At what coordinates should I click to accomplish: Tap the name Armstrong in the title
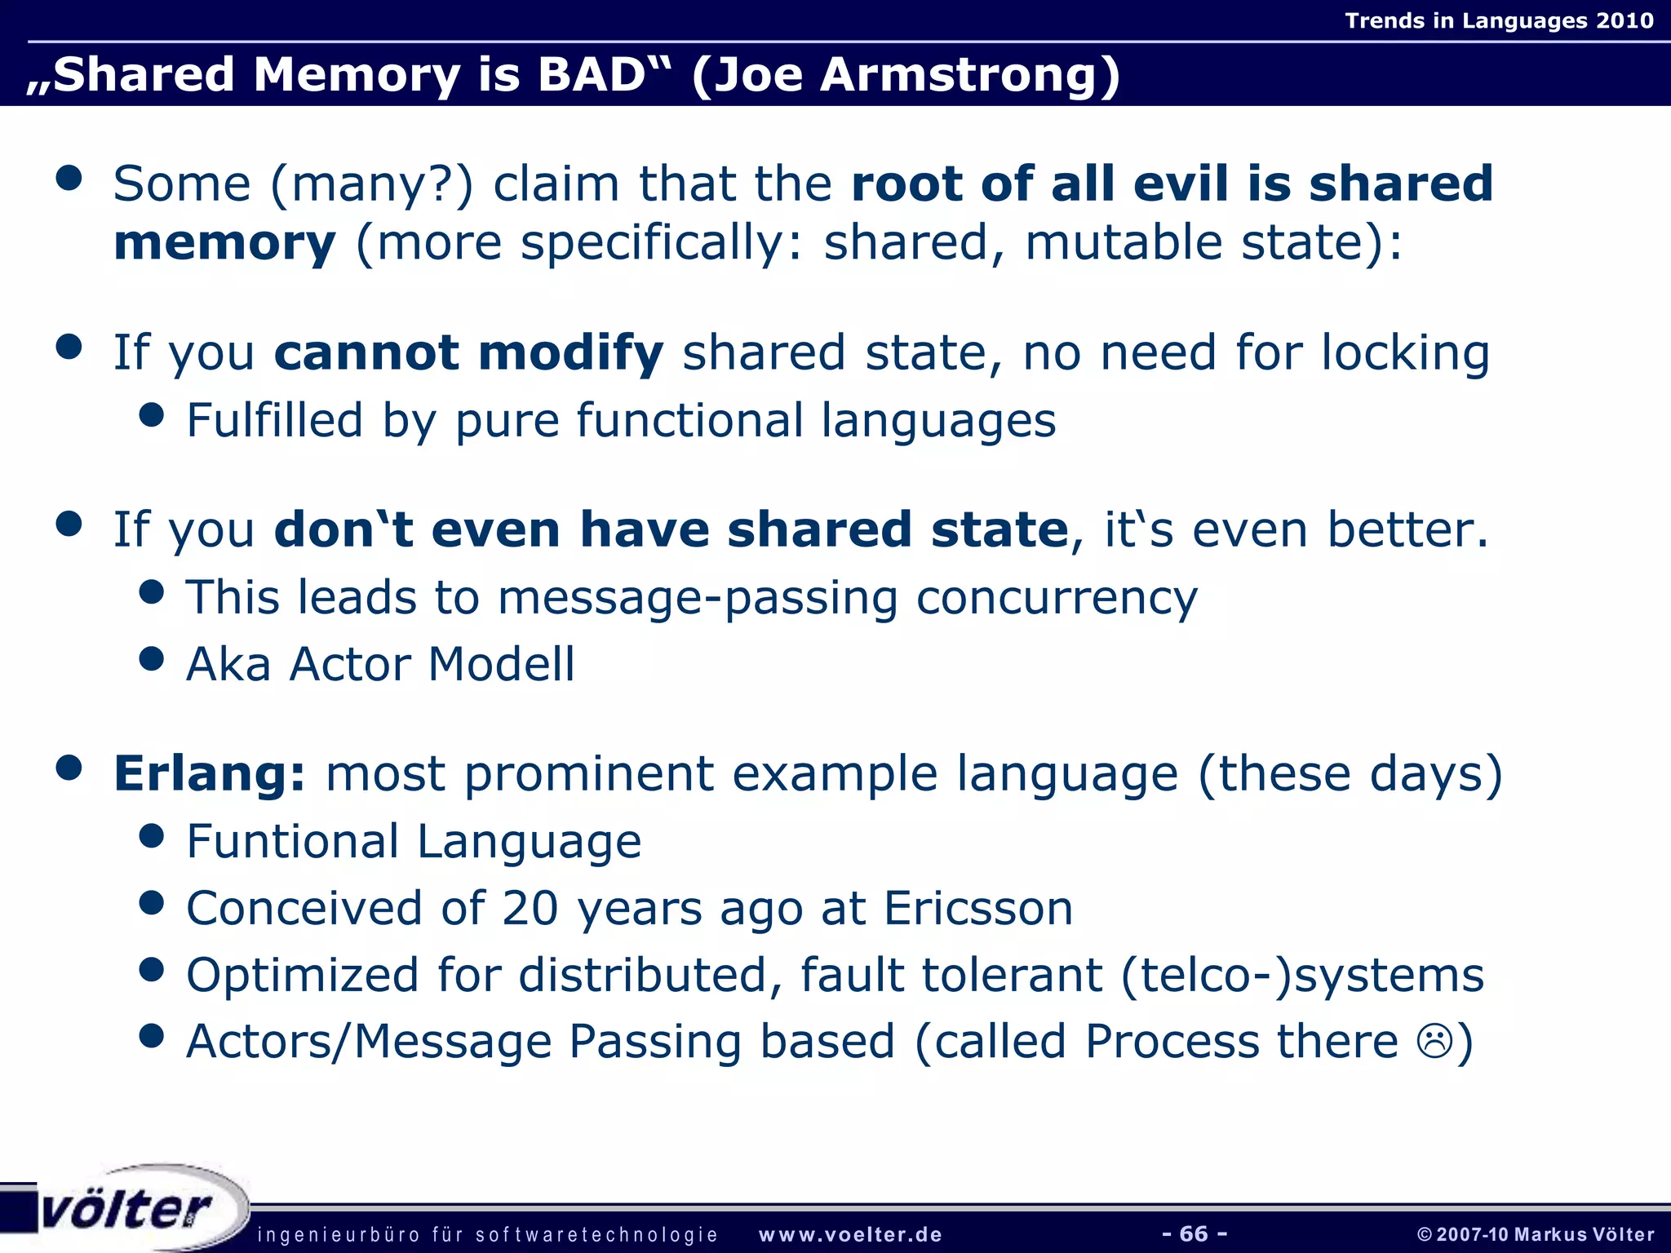(969, 75)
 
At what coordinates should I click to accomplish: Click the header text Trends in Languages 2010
(1499, 20)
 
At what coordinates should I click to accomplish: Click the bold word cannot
(366, 353)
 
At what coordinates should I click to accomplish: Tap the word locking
(1405, 353)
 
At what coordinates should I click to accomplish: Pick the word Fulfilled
(274, 421)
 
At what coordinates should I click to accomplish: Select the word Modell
(502, 664)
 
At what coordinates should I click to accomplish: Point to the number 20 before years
(530, 908)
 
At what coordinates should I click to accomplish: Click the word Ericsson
(978, 908)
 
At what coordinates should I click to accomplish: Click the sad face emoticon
(1434, 1042)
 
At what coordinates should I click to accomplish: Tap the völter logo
(126, 1209)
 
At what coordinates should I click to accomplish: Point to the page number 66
(1194, 1233)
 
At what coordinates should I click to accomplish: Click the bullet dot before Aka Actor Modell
(152, 658)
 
